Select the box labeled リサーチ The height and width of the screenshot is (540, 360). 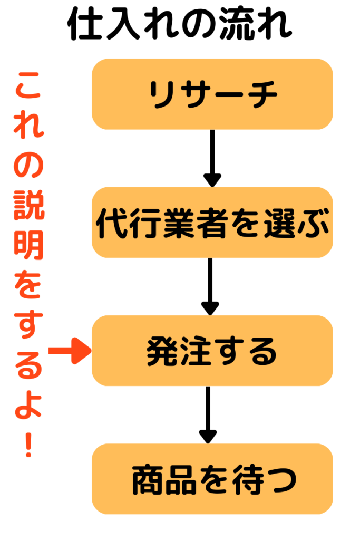(212, 94)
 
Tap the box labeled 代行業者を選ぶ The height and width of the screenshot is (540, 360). (212, 223)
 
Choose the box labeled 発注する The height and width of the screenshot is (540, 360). (212, 351)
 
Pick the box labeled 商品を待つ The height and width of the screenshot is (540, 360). (212, 479)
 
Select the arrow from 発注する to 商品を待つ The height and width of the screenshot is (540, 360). (208, 414)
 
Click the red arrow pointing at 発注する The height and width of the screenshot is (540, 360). (70, 351)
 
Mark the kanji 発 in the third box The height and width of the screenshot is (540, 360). (161, 351)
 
